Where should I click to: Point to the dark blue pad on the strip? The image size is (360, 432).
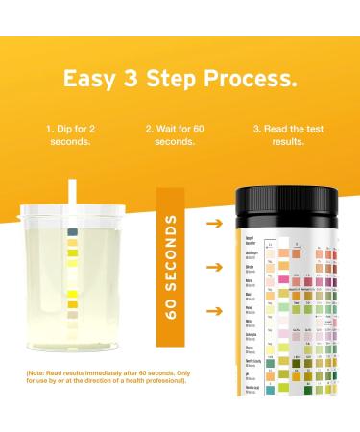tap(72, 232)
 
